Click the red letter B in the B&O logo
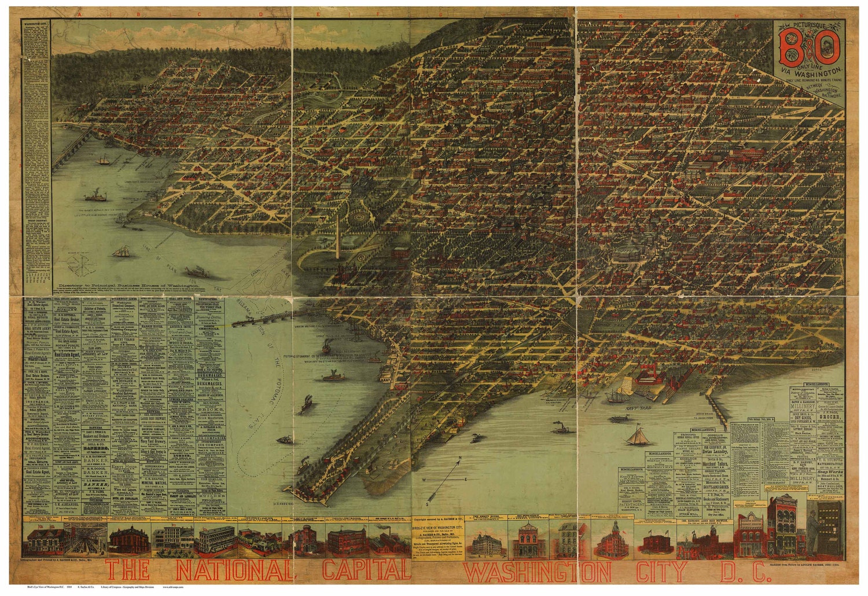tap(791, 48)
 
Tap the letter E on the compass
tap(466, 480)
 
